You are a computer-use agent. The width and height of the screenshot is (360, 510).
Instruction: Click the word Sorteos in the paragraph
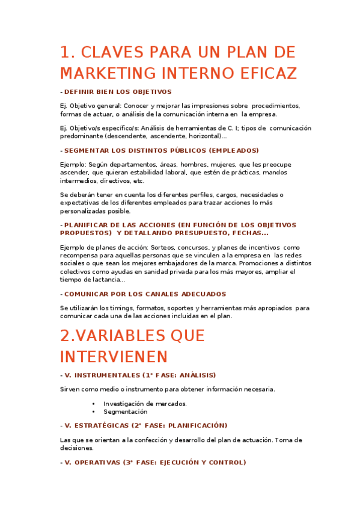coord(164,247)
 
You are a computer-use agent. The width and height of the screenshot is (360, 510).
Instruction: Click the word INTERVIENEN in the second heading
coord(114,356)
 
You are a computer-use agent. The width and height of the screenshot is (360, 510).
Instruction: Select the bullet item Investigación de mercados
coord(145,404)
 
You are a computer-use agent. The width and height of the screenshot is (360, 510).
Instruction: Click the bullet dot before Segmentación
coord(94,412)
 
